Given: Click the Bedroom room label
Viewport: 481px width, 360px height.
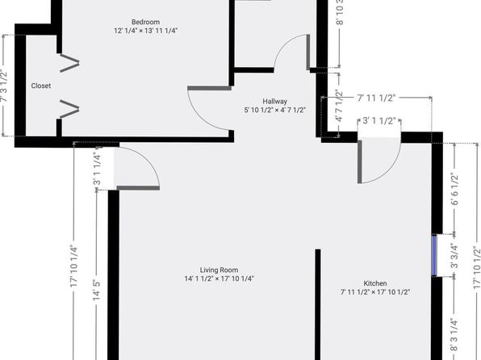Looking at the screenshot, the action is coord(145,22).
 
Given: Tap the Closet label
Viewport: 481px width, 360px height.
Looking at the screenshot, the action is coord(41,86).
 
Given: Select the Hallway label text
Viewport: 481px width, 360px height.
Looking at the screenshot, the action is coord(275,101).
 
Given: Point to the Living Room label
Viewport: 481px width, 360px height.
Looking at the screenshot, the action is coord(219,270).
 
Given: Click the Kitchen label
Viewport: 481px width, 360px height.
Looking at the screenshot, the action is coord(374,283).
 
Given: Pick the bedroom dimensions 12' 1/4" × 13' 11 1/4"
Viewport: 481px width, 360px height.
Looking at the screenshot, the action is coord(146,31).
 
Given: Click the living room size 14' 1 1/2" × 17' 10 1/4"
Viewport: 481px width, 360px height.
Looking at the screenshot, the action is coord(219,278).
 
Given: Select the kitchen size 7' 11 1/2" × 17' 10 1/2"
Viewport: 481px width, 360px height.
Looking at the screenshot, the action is coord(374,292).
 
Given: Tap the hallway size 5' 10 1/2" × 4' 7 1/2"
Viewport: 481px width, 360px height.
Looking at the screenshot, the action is coord(275,110).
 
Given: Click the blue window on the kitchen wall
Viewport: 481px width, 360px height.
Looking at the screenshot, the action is coord(434,255).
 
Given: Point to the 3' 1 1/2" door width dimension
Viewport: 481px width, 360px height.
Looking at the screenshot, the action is coord(379,121).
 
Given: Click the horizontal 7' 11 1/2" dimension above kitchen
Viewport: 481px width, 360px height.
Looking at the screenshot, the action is coord(376,98).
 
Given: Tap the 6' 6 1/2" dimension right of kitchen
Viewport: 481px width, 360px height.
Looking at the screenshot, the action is coord(454,190).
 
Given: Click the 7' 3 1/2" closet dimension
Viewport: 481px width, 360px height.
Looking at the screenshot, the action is coord(3,86).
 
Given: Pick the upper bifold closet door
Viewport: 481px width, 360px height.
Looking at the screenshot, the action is coord(70,63).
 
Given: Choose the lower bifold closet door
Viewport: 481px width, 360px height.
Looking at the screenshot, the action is coord(70,109).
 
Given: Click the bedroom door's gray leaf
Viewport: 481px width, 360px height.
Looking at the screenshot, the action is coord(210,89).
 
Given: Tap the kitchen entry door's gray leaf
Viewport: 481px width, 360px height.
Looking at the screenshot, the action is coord(359,161).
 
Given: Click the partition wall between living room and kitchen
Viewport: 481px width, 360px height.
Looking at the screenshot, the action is coord(318,304).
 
